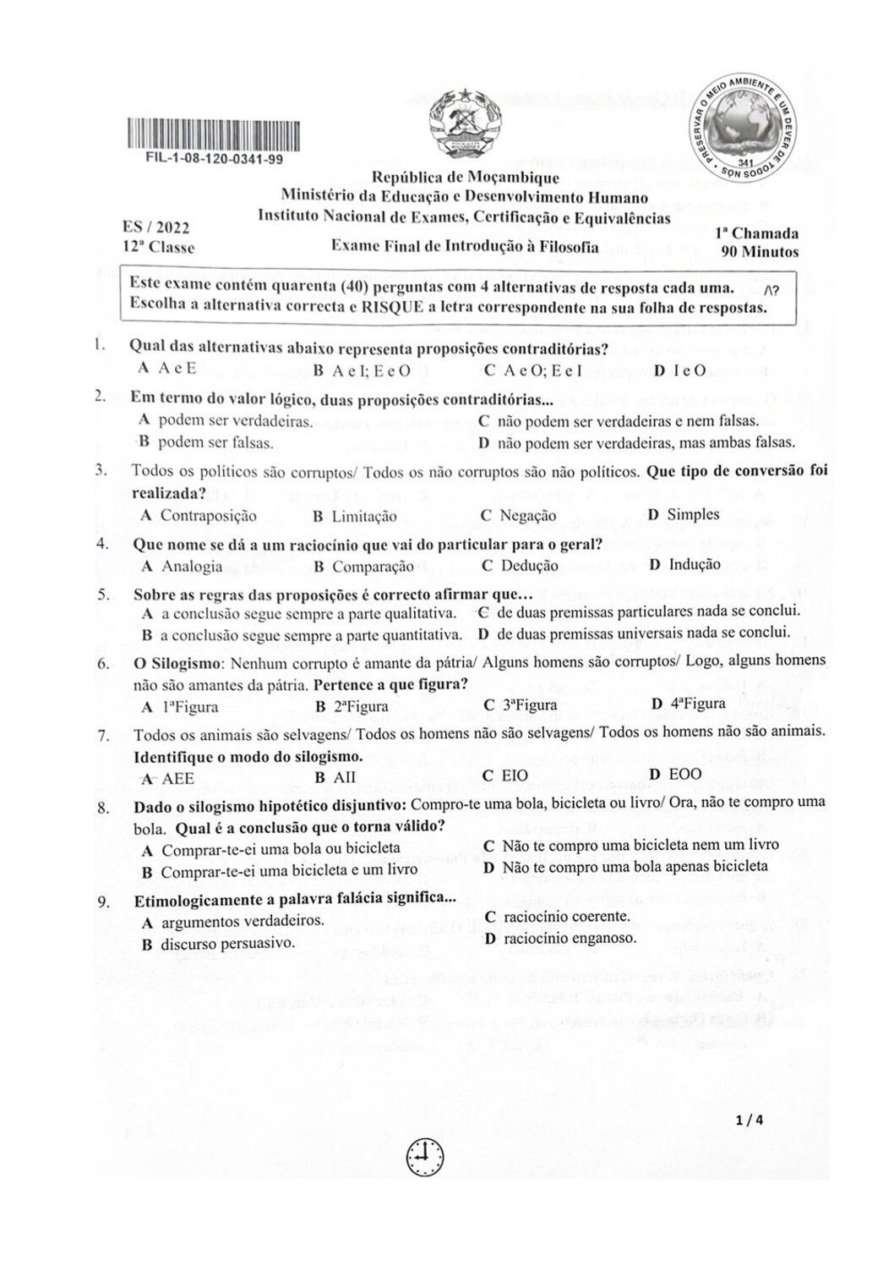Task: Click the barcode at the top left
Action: coord(213,135)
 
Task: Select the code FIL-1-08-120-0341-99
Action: coord(214,158)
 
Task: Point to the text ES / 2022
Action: coord(155,227)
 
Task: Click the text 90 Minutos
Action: coord(760,251)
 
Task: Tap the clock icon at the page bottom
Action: coord(425,1155)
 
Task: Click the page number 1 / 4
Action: coord(750,1121)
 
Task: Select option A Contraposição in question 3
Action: coord(199,515)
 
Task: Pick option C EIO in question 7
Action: coord(504,775)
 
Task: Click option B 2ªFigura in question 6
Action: coord(352,706)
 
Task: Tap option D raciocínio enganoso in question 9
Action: coord(560,938)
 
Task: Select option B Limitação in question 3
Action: coord(354,516)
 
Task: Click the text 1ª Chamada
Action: coord(756,233)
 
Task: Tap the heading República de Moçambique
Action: coord(466,178)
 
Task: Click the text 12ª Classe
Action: coord(158,248)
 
